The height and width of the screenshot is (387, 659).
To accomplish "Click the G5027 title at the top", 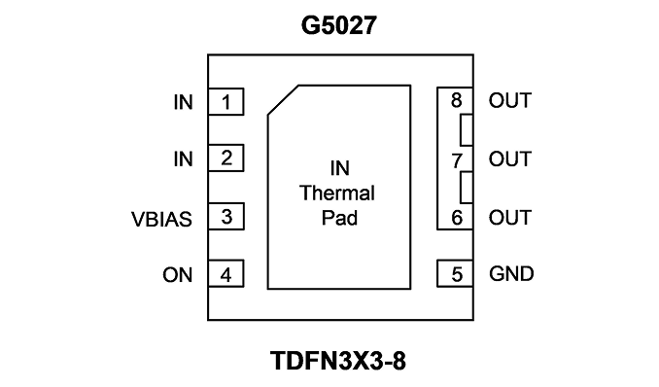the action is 339,25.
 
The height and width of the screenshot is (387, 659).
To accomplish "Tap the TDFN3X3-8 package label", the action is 338,361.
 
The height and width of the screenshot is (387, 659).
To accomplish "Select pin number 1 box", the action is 226,101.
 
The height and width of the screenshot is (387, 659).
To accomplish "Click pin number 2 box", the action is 226,158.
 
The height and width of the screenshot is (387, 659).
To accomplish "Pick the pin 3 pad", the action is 226,216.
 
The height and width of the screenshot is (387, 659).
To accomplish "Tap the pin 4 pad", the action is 226,273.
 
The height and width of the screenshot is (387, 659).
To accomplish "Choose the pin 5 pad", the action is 455,274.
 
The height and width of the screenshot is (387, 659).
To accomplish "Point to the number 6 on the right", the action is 457,218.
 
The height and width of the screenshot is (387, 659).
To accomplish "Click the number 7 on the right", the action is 457,160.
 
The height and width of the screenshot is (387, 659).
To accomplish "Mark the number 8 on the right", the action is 457,100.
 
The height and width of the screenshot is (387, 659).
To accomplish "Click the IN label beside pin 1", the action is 184,102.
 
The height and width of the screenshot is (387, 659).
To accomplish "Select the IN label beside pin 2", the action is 184,159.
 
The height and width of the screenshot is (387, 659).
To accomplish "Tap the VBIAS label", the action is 161,219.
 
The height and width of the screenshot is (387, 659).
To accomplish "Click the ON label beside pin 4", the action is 177,275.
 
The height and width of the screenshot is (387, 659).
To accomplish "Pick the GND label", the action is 511,273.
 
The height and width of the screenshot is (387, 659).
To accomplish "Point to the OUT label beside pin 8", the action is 510,100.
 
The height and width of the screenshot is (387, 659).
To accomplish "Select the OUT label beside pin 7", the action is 510,159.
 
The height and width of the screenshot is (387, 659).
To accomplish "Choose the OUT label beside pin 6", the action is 510,218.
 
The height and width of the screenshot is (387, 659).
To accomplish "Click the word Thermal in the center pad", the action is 337,193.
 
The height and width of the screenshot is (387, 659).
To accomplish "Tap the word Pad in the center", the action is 339,218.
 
